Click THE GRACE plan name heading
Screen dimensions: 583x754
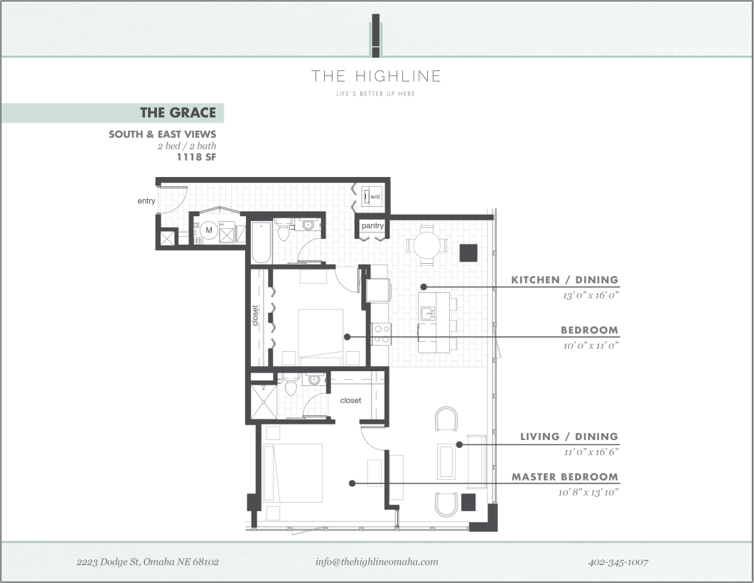point(178,112)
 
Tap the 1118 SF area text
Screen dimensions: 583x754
point(196,158)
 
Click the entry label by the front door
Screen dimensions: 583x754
point(146,201)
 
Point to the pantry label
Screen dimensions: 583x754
point(372,226)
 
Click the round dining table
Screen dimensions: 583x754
point(426,246)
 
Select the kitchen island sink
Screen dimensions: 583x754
point(429,313)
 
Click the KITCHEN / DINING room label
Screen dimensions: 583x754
point(564,280)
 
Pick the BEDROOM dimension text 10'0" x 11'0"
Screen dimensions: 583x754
point(589,345)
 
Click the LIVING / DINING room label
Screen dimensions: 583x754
point(569,437)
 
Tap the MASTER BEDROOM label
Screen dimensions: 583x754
point(564,477)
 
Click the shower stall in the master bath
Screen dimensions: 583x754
point(263,402)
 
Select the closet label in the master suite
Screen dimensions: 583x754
point(350,400)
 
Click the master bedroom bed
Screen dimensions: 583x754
point(293,473)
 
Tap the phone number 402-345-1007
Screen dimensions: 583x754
point(618,562)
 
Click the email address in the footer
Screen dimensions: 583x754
point(377,562)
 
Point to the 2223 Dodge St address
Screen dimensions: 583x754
point(147,562)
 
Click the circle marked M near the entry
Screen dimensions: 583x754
point(209,230)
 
